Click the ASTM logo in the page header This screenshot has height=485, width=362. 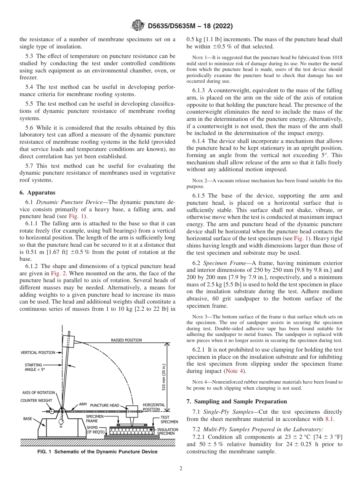pos(137,26)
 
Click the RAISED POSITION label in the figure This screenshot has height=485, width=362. pos(126,340)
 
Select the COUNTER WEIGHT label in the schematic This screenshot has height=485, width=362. pos(36,400)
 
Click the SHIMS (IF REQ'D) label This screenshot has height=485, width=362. pos(96,430)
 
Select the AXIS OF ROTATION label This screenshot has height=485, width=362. pos(38,392)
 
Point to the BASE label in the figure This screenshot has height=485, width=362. pos(27,419)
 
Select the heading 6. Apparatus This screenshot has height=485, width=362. pos(37,193)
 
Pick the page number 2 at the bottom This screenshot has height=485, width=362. pos(181,469)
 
